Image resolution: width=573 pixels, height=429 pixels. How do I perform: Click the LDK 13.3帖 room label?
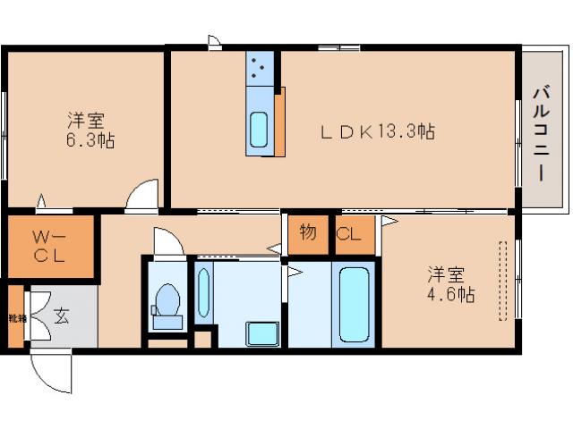click(x=379, y=132)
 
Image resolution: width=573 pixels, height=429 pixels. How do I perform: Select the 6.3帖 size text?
click(x=87, y=140)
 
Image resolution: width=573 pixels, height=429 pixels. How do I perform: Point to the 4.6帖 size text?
click(x=450, y=293)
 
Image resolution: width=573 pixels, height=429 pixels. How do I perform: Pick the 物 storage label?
click(x=307, y=233)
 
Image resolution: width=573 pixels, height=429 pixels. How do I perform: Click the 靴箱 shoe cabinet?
click(x=15, y=316)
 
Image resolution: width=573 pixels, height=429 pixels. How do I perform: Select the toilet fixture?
click(x=167, y=300)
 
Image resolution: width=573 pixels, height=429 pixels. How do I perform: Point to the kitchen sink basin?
click(x=259, y=130)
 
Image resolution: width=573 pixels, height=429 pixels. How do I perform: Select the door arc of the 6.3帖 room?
click(x=141, y=197)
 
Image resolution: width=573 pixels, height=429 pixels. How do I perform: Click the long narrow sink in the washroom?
click(x=203, y=293)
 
